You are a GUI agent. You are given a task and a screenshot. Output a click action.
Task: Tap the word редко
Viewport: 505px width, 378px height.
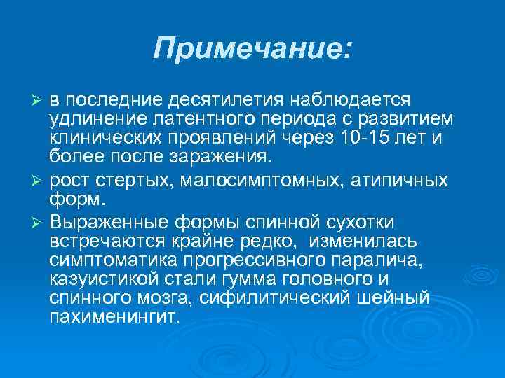267,241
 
